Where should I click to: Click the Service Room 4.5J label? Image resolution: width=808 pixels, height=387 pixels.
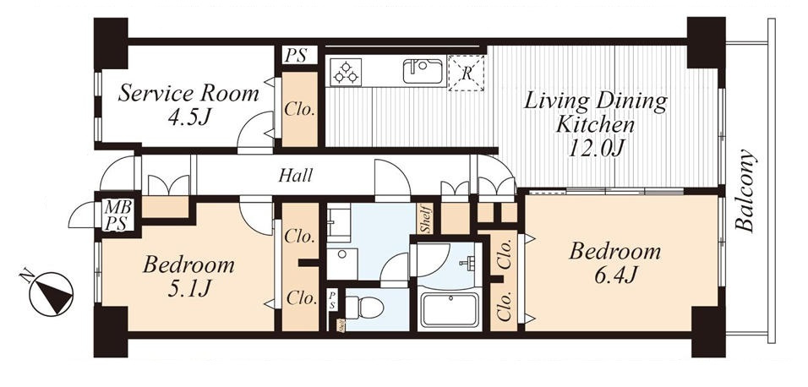tap(188, 105)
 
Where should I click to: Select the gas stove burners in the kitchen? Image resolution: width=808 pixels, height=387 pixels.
tap(346, 72)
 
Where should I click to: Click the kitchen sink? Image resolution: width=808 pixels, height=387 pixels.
tap(423, 71)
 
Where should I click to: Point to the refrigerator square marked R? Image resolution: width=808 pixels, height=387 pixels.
tap(467, 74)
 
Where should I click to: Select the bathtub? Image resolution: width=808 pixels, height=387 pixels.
tap(450, 309)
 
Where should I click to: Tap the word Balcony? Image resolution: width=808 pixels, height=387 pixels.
tap(745, 190)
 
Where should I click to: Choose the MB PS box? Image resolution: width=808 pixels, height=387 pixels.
tap(119, 215)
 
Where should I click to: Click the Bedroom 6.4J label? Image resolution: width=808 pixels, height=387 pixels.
tap(614, 264)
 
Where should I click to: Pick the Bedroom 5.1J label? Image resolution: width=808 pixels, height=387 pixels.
tap(188, 277)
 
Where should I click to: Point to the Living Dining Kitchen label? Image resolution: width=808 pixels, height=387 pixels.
tap(596, 124)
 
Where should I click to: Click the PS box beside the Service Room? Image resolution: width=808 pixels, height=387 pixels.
tap(299, 55)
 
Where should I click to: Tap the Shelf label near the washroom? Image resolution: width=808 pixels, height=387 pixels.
tap(425, 218)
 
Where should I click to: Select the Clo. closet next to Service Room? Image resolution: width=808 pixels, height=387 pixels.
tap(300, 109)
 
